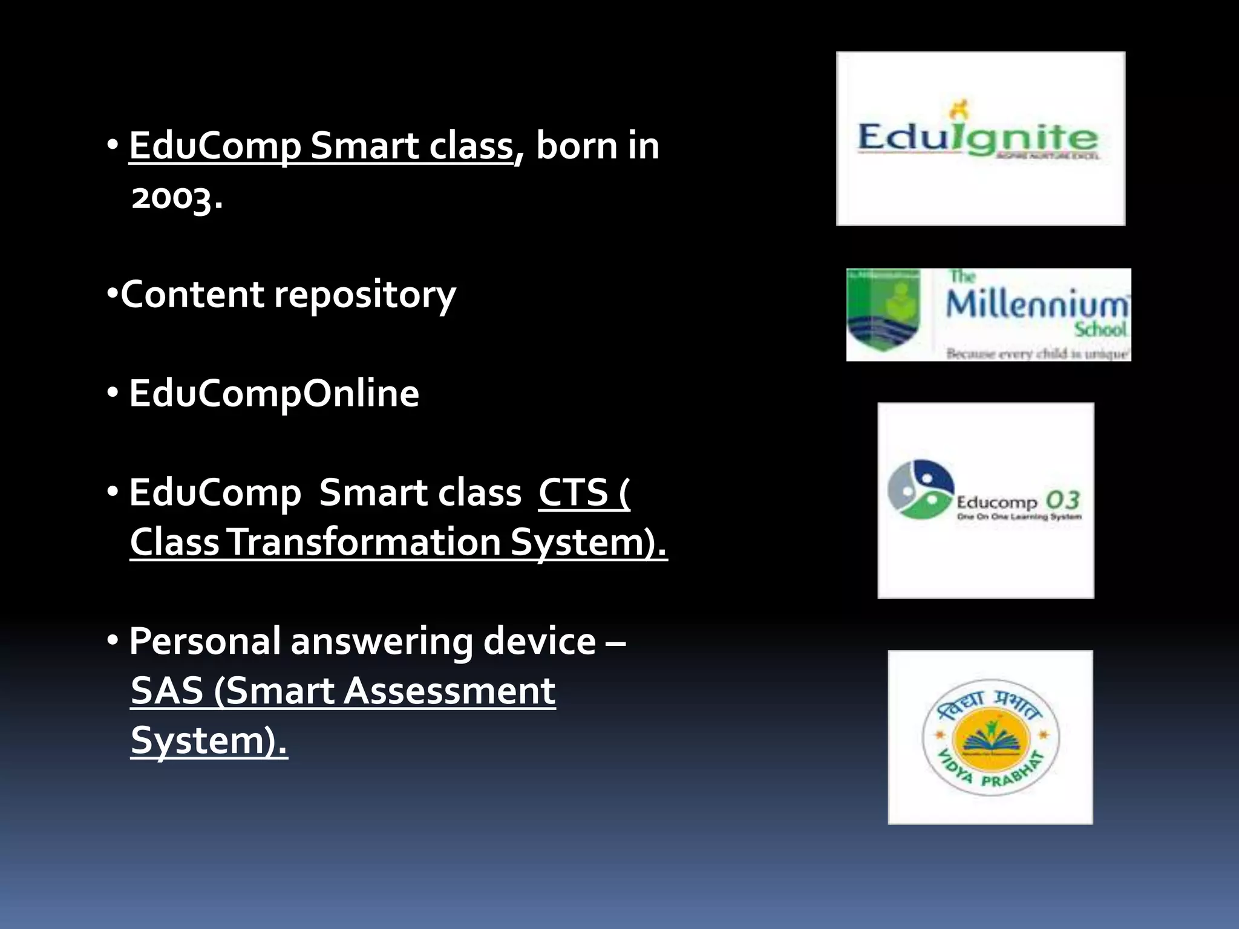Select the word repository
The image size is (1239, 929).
(365, 295)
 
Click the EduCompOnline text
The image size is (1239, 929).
(273, 394)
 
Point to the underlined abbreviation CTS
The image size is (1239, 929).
(573, 492)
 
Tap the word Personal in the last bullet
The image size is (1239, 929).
(205, 641)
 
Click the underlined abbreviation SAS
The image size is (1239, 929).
(167, 691)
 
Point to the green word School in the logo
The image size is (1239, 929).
(1100, 330)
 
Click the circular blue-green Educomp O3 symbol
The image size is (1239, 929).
(920, 489)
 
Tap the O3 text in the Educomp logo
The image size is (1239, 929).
(1063, 500)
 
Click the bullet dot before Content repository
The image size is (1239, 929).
(111, 294)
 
